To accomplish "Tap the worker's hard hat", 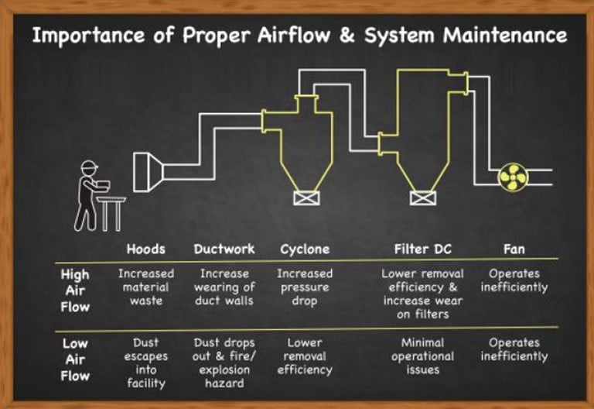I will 90,166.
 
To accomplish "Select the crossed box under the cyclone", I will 302,197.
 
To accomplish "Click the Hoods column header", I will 145,249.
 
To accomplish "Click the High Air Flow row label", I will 76,290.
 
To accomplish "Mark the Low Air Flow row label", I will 76,359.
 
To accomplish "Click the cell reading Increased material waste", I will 145,287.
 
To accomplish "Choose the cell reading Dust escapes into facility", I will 145,363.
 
